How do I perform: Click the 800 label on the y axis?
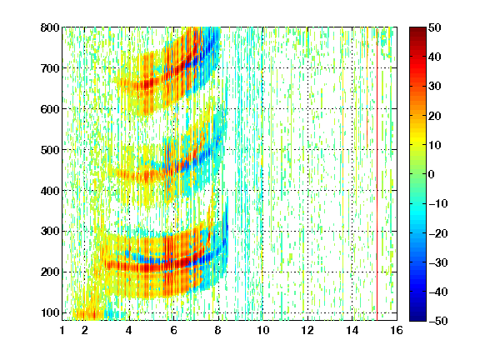pos(50,27)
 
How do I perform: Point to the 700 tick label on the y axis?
pos(50,68)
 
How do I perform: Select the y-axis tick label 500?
pos(50,150)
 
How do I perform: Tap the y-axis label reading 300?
pos(50,232)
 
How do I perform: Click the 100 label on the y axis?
pos(50,312)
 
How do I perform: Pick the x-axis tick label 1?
pos(62,330)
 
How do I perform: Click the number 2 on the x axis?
pos(85,330)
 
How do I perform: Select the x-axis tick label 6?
pos(173,330)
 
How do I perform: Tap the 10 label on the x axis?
pos(262,330)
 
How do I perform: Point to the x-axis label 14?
pos(352,330)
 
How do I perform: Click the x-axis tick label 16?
pos(397,330)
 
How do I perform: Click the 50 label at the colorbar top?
pos(434,27)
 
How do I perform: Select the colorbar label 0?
pos(431,174)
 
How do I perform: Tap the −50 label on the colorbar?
pos(438,321)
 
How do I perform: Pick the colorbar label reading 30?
pos(434,87)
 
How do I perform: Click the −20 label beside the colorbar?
pos(438,233)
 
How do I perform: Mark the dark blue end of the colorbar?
pos(417,318)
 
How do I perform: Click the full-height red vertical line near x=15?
pos(377,174)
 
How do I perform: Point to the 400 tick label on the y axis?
pos(50,191)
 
